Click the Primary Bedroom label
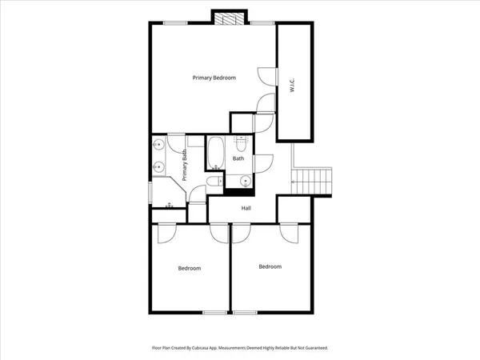pos(214,78)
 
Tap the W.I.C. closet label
pos(293,81)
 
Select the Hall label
pos(247,207)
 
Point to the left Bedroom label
pos(190,268)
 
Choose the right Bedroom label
pos(270,266)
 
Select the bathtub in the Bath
pos(215,154)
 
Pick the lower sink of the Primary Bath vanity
pos(159,167)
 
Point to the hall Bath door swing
pos(265,160)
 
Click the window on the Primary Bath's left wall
pos(150,192)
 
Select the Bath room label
pos(238,158)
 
